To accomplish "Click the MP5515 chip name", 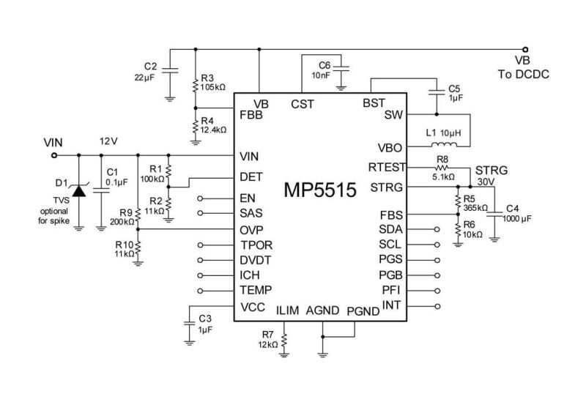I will (320, 192).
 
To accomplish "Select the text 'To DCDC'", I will (523, 75).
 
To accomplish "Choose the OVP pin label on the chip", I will (252, 229).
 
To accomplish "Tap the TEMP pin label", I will (256, 291).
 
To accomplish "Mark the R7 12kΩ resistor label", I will (269, 339).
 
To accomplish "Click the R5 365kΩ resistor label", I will (475, 201).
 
